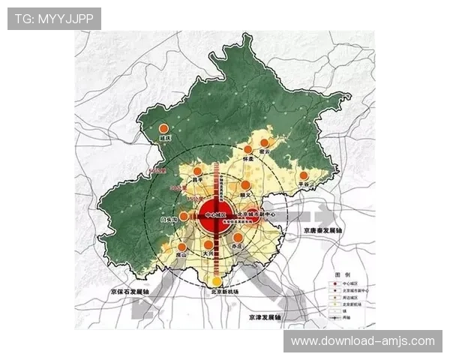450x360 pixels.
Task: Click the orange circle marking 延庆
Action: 163,129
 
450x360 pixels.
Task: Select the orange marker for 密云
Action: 264,142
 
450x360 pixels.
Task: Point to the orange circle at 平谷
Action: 304,175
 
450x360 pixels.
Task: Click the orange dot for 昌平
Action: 197,172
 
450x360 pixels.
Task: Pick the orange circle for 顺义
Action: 244,185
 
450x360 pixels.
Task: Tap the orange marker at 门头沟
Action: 184,215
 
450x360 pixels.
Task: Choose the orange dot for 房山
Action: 181,245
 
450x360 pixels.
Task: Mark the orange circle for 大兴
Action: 208,244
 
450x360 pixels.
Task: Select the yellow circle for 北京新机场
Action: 217,281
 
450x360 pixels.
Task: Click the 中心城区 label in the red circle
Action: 215,215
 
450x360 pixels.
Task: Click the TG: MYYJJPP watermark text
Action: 54,19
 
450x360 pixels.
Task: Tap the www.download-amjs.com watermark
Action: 362,341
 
